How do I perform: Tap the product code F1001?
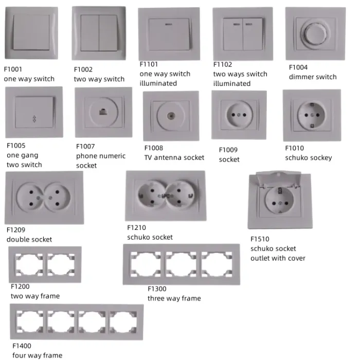[13, 68]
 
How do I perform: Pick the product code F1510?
[260, 239]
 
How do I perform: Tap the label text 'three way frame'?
[174, 298]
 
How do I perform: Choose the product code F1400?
[22, 346]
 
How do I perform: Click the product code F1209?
[16, 230]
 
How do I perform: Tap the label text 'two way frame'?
[35, 296]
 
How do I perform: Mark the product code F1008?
[153, 148]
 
